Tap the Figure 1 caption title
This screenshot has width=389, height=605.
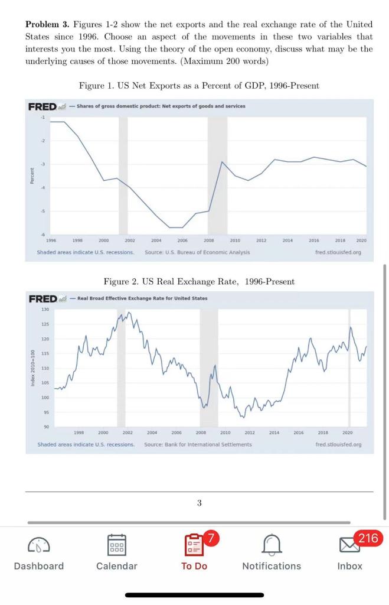point(199,86)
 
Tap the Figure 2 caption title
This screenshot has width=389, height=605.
point(199,282)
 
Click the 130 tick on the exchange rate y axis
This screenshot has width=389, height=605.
point(45,310)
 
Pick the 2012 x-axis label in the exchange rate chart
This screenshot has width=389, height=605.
point(249,433)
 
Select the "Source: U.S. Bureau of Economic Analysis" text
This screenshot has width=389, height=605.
point(197,252)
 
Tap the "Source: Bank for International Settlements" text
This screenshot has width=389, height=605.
point(198,444)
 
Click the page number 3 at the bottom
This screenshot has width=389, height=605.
point(199,503)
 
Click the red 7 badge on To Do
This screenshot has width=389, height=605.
point(212,538)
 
